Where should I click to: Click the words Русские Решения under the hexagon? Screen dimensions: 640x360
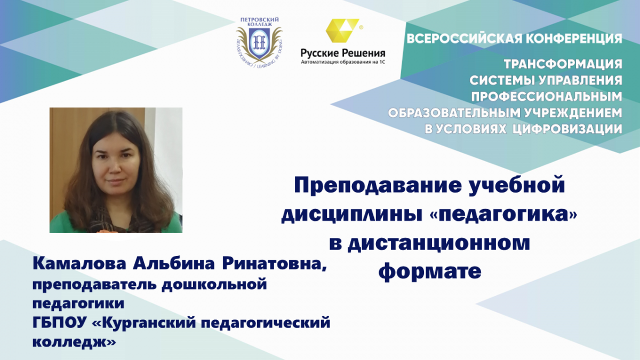pyautogui.click(x=343, y=53)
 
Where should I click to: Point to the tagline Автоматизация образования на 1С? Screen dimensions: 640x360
pyautogui.click(x=343, y=62)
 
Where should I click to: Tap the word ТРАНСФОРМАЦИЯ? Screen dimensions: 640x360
pyautogui.click(x=563, y=65)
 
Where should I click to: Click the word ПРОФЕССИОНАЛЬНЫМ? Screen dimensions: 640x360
pyautogui.click(x=547, y=97)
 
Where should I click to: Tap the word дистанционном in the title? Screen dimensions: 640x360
pyautogui.click(x=438, y=243)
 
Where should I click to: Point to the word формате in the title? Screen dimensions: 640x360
pyautogui.click(x=430, y=271)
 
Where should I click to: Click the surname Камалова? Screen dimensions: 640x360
pyautogui.click(x=79, y=263)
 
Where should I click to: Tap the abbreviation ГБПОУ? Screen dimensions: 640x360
pyautogui.click(x=59, y=323)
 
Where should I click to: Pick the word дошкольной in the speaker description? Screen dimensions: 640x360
pyautogui.click(x=214, y=285)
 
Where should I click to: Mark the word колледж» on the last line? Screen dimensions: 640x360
pyautogui.click(x=74, y=342)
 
